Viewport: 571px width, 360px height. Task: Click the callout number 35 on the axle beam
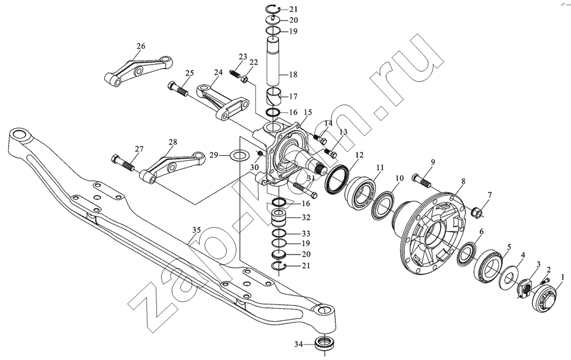point(196,230)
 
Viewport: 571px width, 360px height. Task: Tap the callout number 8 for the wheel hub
point(463,180)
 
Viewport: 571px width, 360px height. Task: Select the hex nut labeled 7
point(476,211)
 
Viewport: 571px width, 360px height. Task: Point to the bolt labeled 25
point(178,90)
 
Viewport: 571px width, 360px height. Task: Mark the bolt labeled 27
point(122,163)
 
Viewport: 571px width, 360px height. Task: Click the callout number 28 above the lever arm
point(172,142)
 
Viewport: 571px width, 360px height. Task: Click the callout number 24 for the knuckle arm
point(218,72)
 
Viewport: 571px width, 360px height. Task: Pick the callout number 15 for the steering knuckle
point(308,112)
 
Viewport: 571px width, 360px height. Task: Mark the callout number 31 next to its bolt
point(311,179)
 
